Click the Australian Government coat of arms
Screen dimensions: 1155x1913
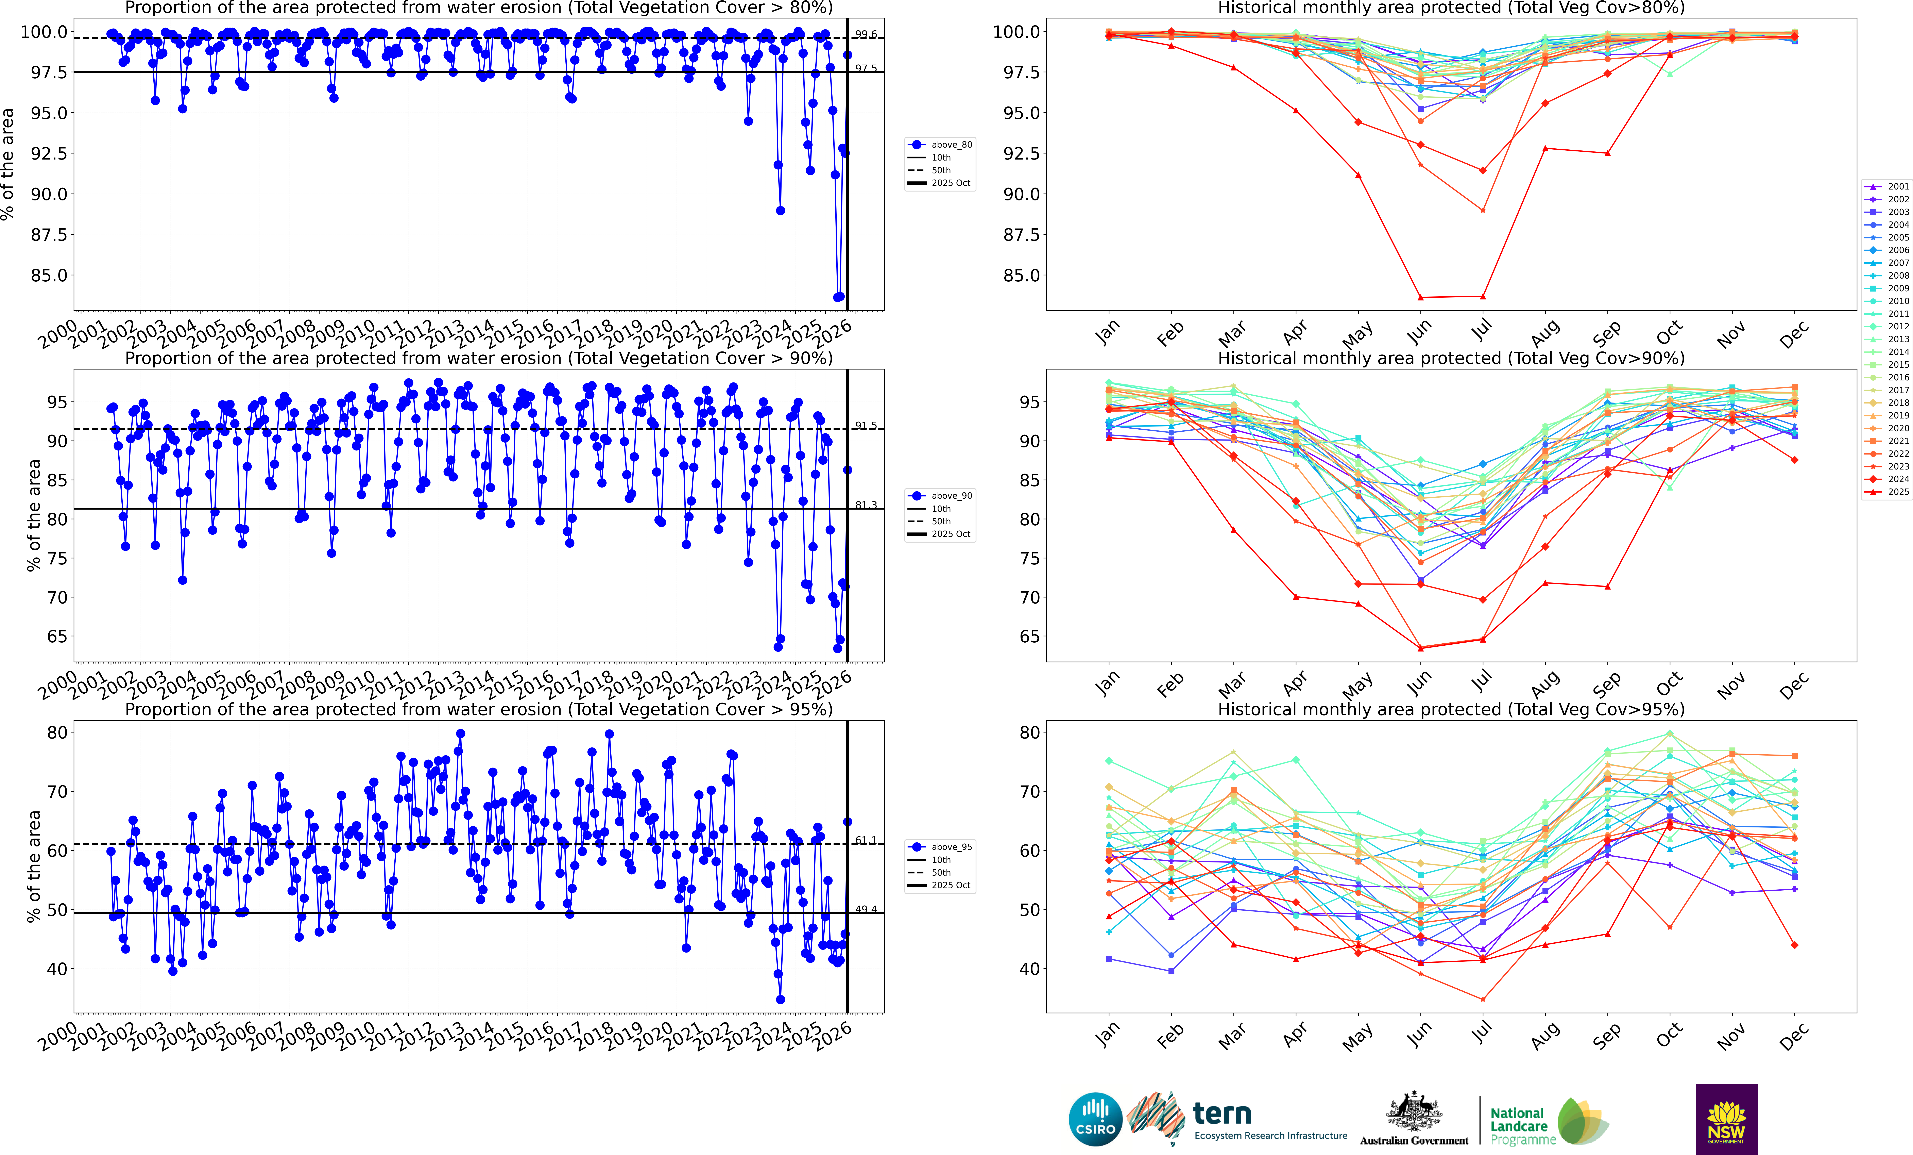[x=1414, y=1112]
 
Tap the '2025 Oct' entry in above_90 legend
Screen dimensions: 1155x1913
[x=950, y=534]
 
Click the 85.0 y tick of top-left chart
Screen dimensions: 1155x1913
[x=48, y=275]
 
